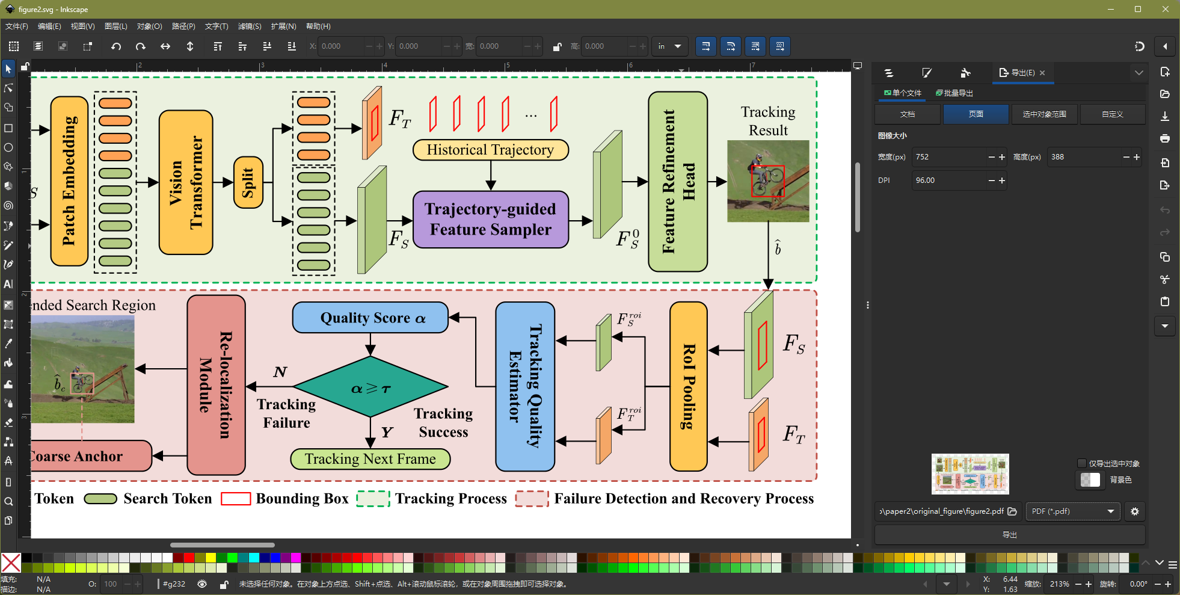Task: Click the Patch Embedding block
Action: point(70,181)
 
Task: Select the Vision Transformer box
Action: point(186,182)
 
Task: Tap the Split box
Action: point(248,182)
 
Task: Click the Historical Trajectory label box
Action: point(491,150)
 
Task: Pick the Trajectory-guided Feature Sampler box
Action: point(491,220)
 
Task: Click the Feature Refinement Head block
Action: point(678,182)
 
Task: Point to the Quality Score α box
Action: point(370,318)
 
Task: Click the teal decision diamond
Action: point(370,386)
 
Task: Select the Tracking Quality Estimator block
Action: point(525,386)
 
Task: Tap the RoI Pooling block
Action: point(689,386)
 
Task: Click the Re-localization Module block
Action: point(217,385)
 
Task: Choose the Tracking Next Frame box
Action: point(370,459)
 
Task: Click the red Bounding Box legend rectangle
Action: point(236,499)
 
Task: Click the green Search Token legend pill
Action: point(100,499)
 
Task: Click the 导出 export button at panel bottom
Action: point(1010,535)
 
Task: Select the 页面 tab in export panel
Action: point(976,114)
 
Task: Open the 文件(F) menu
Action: point(17,26)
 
